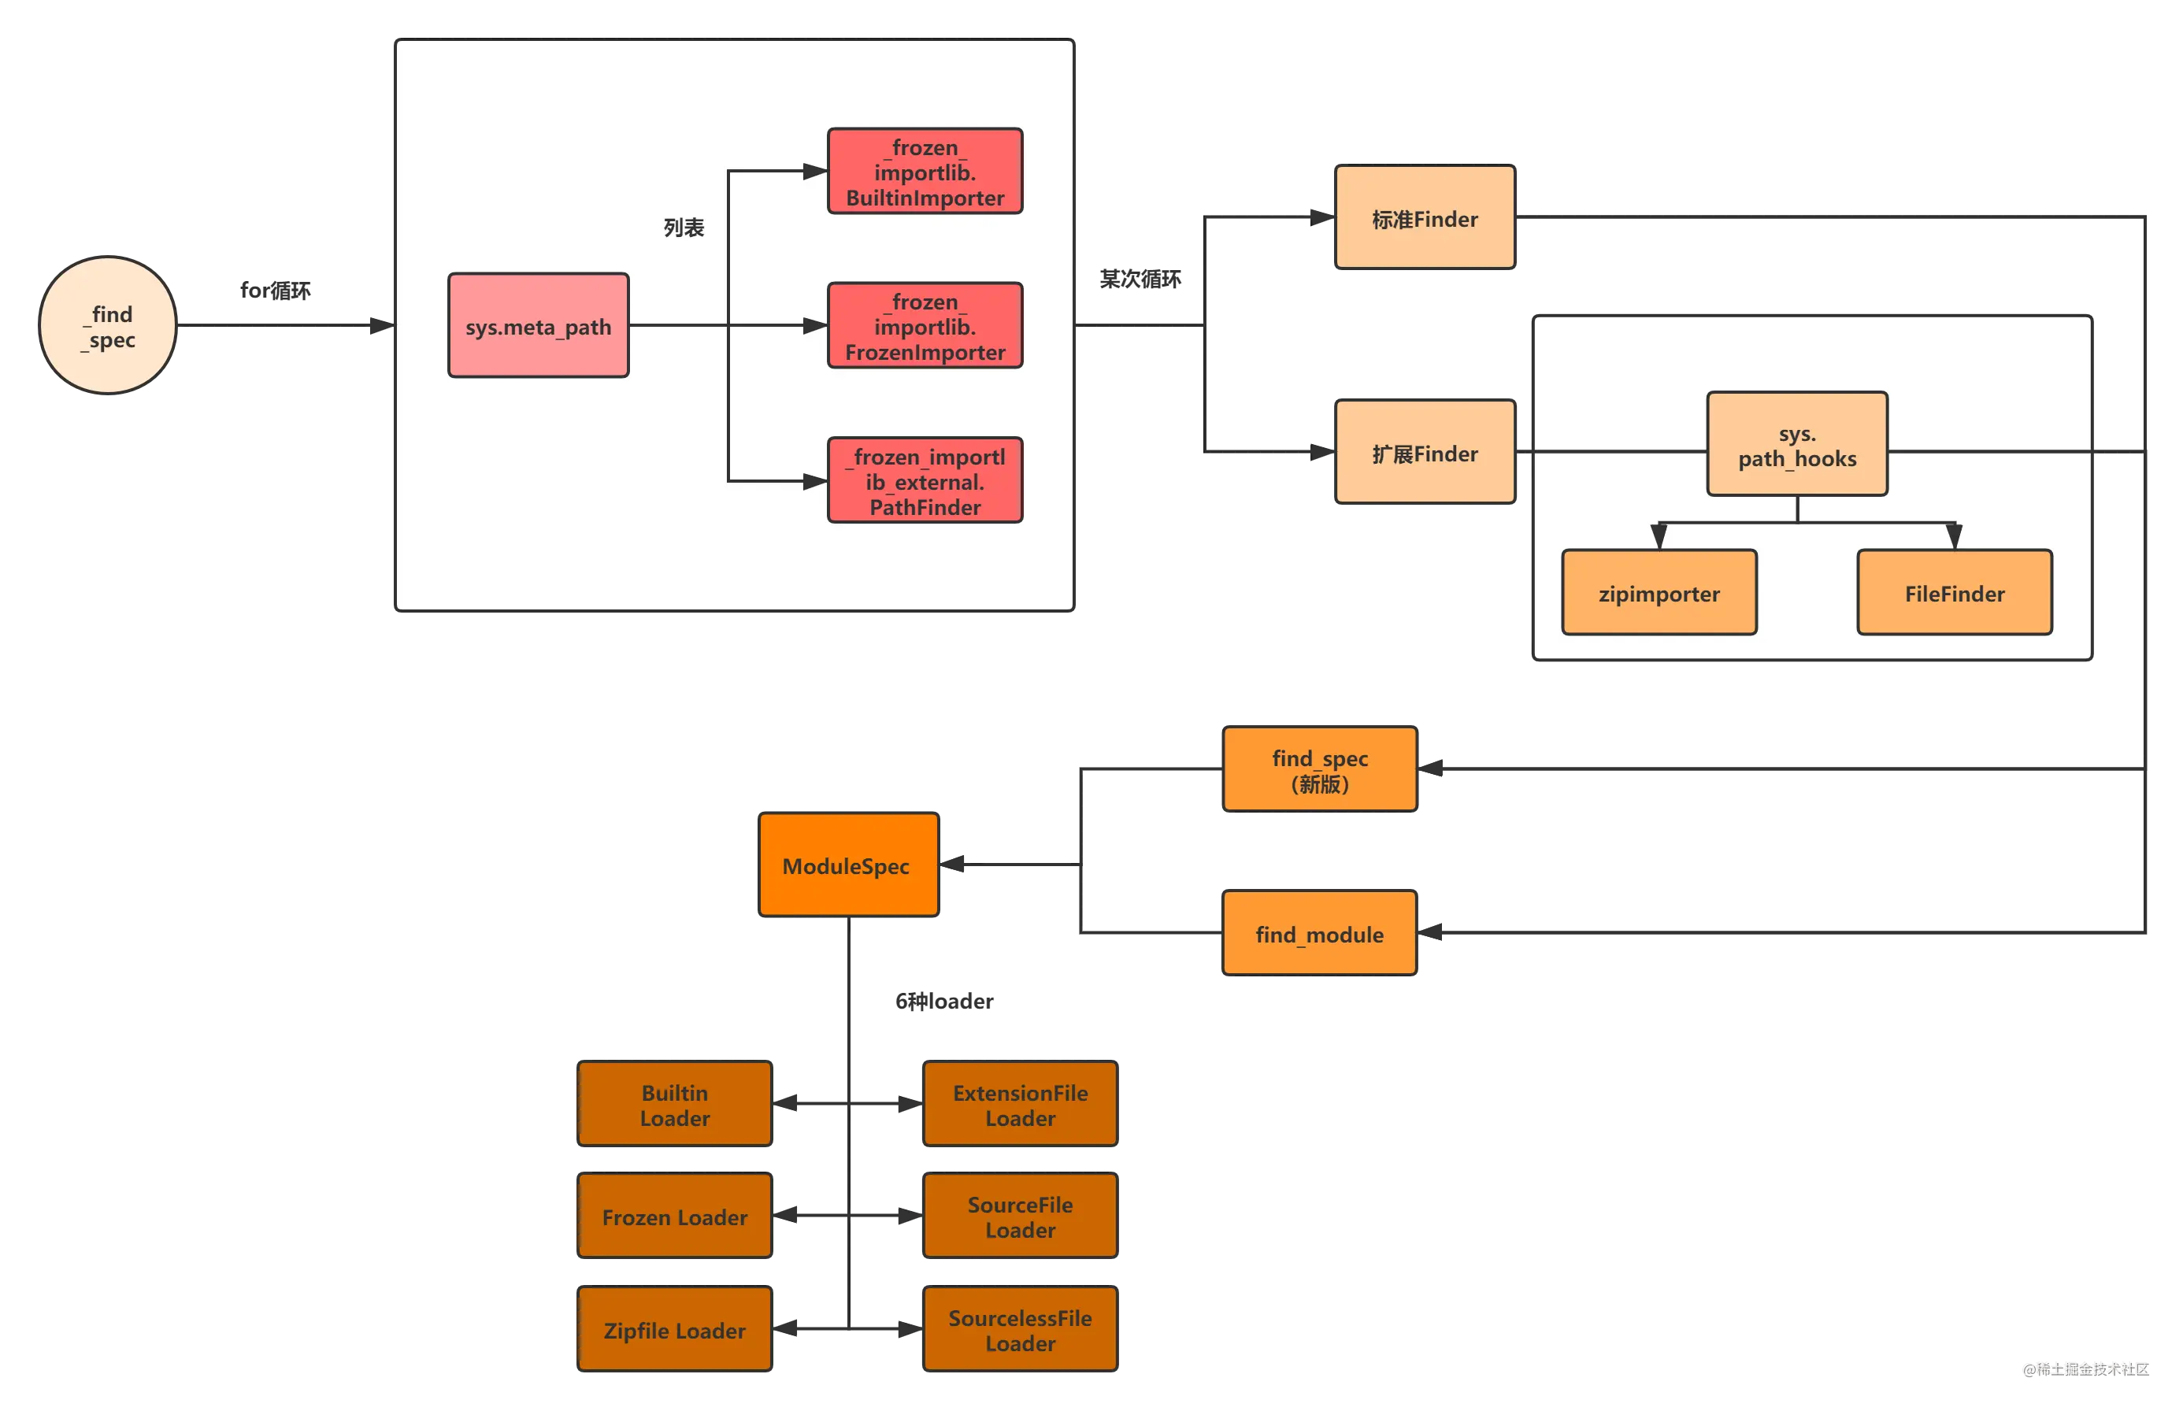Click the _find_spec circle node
[107, 325]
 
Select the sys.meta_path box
[538, 325]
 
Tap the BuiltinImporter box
[925, 172]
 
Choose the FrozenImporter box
[925, 326]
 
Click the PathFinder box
[925, 481]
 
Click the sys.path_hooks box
[1796, 444]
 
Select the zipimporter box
[1659, 593]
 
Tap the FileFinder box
[1954, 593]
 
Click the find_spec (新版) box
[1320, 769]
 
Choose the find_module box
[1320, 933]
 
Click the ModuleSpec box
[849, 865]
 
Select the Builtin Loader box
[675, 1104]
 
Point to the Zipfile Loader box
[675, 1329]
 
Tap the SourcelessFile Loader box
[1020, 1329]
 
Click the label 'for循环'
[275, 291]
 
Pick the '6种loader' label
[944, 1002]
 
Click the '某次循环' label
[1140, 279]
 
